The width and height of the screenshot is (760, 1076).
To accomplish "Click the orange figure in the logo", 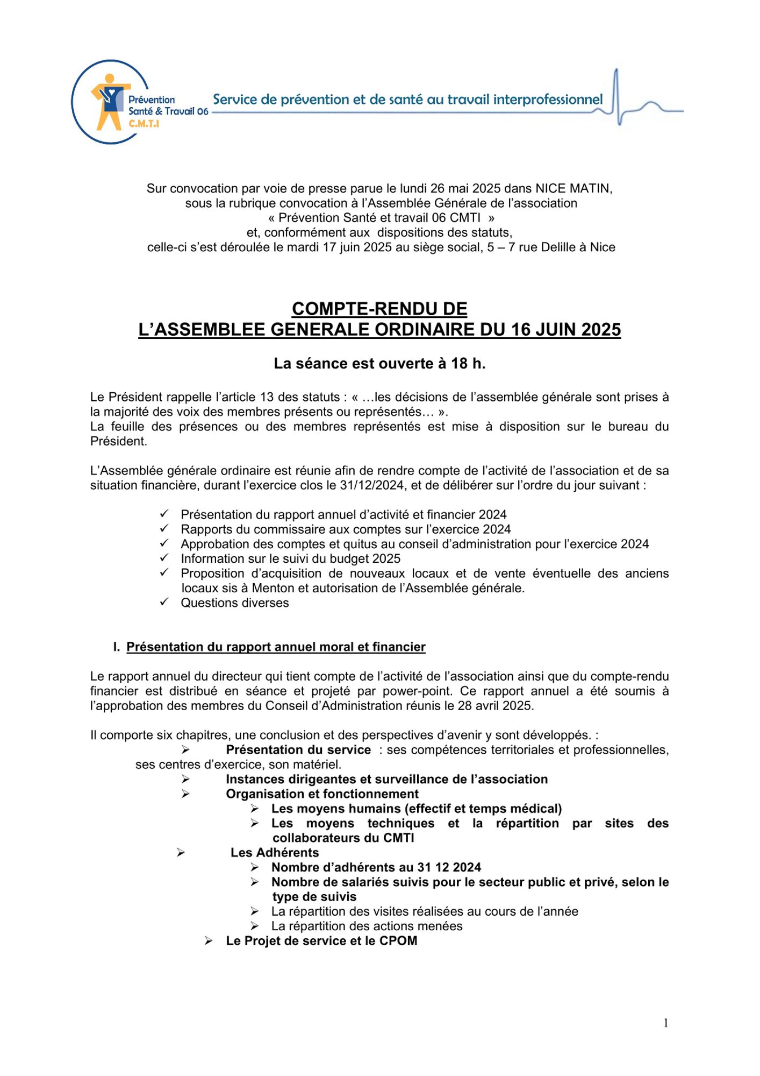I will pyautogui.click(x=110, y=102).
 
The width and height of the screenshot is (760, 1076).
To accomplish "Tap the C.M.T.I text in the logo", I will pyautogui.click(x=144, y=124).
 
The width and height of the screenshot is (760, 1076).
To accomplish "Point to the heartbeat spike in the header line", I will pyautogui.click(x=616, y=97).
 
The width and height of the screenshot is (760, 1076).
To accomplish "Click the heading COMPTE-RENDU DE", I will pyautogui.click(x=379, y=309).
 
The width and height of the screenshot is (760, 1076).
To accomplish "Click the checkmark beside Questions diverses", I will pyautogui.click(x=164, y=601).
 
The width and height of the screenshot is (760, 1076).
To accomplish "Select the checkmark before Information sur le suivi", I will pyautogui.click(x=164, y=557).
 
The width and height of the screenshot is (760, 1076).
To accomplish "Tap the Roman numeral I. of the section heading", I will pyautogui.click(x=117, y=647).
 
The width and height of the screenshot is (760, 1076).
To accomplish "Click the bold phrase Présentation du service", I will pyautogui.click(x=298, y=750).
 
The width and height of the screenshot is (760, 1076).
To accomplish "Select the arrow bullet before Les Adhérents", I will pyautogui.click(x=181, y=853).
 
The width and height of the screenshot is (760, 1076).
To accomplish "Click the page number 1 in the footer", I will pyautogui.click(x=666, y=1023).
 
